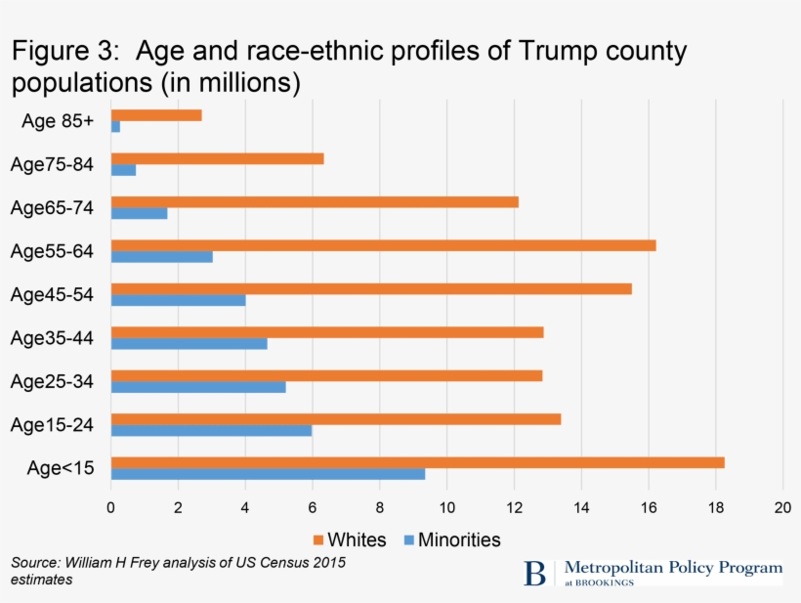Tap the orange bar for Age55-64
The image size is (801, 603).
pyautogui.click(x=383, y=245)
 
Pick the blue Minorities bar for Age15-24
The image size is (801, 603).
pyautogui.click(x=211, y=431)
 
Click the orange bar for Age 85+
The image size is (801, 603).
pyautogui.click(x=156, y=115)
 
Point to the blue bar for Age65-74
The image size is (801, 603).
pyautogui.click(x=139, y=213)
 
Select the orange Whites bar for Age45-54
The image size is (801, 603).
pyautogui.click(x=371, y=288)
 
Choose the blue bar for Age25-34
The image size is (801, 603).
pyautogui.click(x=198, y=387)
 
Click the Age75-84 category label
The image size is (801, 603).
pyautogui.click(x=52, y=164)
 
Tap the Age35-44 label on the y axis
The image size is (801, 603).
pyautogui.click(x=52, y=338)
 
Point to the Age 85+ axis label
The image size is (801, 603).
pyautogui.click(x=57, y=121)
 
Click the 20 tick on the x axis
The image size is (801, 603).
pyautogui.click(x=781, y=507)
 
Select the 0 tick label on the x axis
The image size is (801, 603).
pyautogui.click(x=111, y=507)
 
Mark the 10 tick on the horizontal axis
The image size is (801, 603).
pyautogui.click(x=446, y=507)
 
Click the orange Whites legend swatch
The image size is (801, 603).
pyautogui.click(x=317, y=540)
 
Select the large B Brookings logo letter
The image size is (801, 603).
pyautogui.click(x=534, y=573)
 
